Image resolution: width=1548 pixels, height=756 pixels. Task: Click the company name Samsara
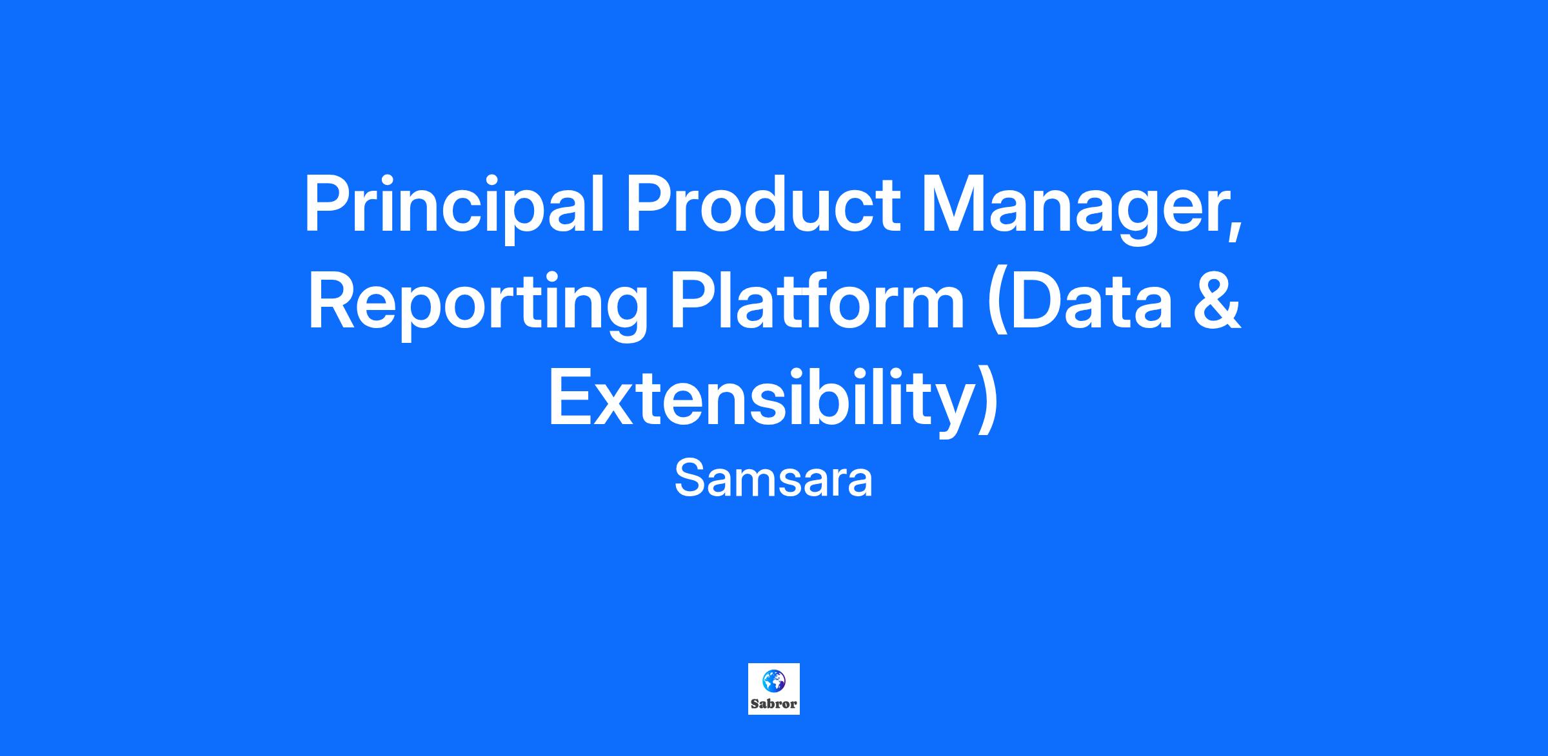773,480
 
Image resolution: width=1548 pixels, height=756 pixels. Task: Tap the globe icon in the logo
773,681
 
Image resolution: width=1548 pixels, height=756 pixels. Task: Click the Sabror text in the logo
773,704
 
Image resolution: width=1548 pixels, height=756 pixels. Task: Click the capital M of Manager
953,204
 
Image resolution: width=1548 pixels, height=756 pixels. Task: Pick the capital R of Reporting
334,301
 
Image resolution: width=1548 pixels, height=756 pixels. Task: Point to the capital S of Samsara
690,478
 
